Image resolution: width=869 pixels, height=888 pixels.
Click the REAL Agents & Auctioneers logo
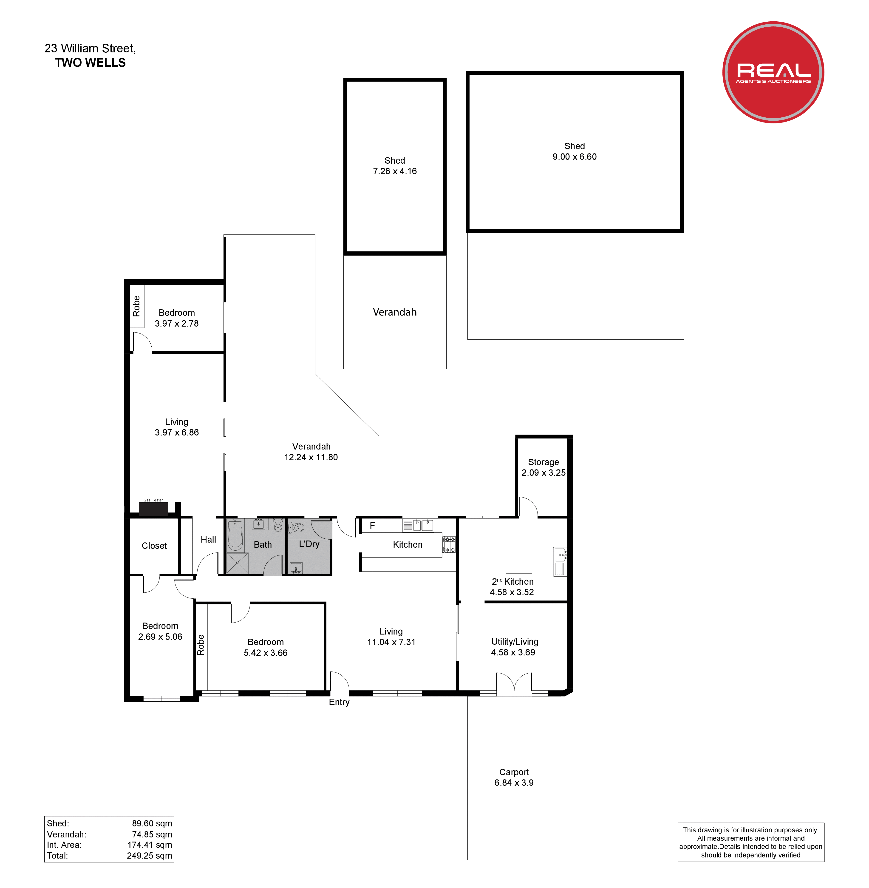773,72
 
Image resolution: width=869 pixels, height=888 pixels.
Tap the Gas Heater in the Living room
153,507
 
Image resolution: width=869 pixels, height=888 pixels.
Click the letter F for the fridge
372,526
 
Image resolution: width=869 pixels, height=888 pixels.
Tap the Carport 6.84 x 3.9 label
514,777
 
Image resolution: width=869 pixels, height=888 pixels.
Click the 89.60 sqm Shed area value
152,823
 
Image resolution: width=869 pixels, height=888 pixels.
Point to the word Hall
208,539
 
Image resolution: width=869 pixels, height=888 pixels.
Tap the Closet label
154,546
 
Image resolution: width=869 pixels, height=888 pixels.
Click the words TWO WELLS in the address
90,63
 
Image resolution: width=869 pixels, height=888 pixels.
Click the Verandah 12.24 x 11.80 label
311,452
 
